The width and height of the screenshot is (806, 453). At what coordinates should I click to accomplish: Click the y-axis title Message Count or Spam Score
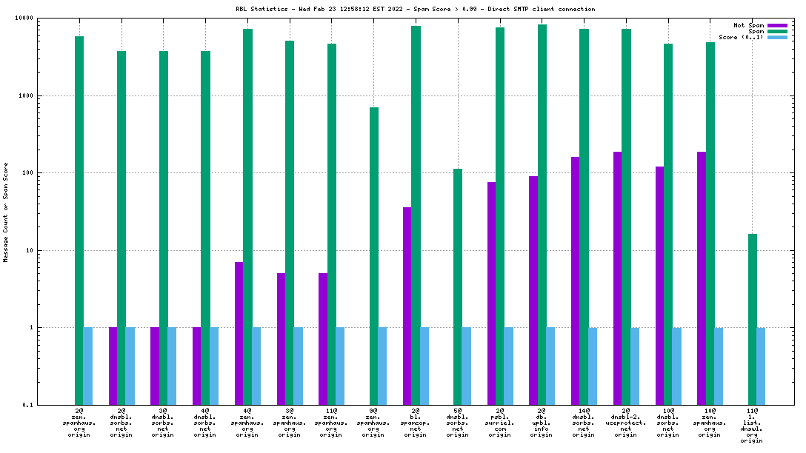[x=6, y=212]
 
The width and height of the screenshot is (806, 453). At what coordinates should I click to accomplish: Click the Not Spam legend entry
[x=748, y=25]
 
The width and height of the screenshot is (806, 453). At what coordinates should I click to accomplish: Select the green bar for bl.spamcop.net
[x=416, y=215]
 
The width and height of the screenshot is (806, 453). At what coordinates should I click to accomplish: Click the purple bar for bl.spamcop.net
[x=407, y=306]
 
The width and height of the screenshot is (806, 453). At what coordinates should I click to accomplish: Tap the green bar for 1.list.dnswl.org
[x=752, y=319]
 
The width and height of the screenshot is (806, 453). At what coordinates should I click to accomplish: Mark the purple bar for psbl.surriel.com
[x=491, y=293]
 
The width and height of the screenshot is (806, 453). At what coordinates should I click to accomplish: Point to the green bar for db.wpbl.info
[x=542, y=215]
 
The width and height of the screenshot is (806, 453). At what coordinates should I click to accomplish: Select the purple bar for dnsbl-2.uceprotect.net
[x=617, y=278]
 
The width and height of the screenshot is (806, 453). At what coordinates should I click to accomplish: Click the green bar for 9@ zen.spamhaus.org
[x=374, y=256]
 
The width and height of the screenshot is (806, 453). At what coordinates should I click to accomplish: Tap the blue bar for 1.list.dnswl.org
[x=761, y=366]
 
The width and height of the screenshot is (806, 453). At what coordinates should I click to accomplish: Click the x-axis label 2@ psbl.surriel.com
[x=500, y=422]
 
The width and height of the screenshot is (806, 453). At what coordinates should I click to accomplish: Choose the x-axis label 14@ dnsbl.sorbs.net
[x=584, y=422]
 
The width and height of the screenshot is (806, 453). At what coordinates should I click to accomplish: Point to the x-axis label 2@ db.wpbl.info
[x=542, y=422]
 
